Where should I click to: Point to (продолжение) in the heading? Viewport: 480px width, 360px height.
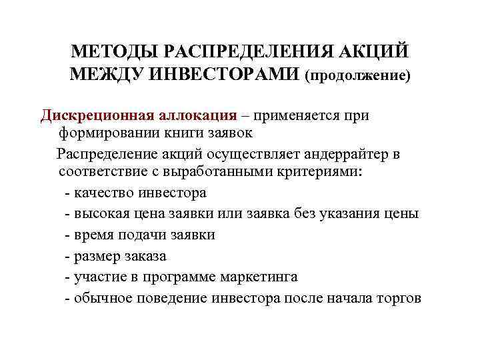pyautogui.click(x=357, y=75)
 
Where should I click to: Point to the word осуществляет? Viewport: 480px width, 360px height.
pyautogui.click(x=253, y=154)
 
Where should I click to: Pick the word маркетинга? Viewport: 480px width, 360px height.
pyautogui.click(x=245, y=277)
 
